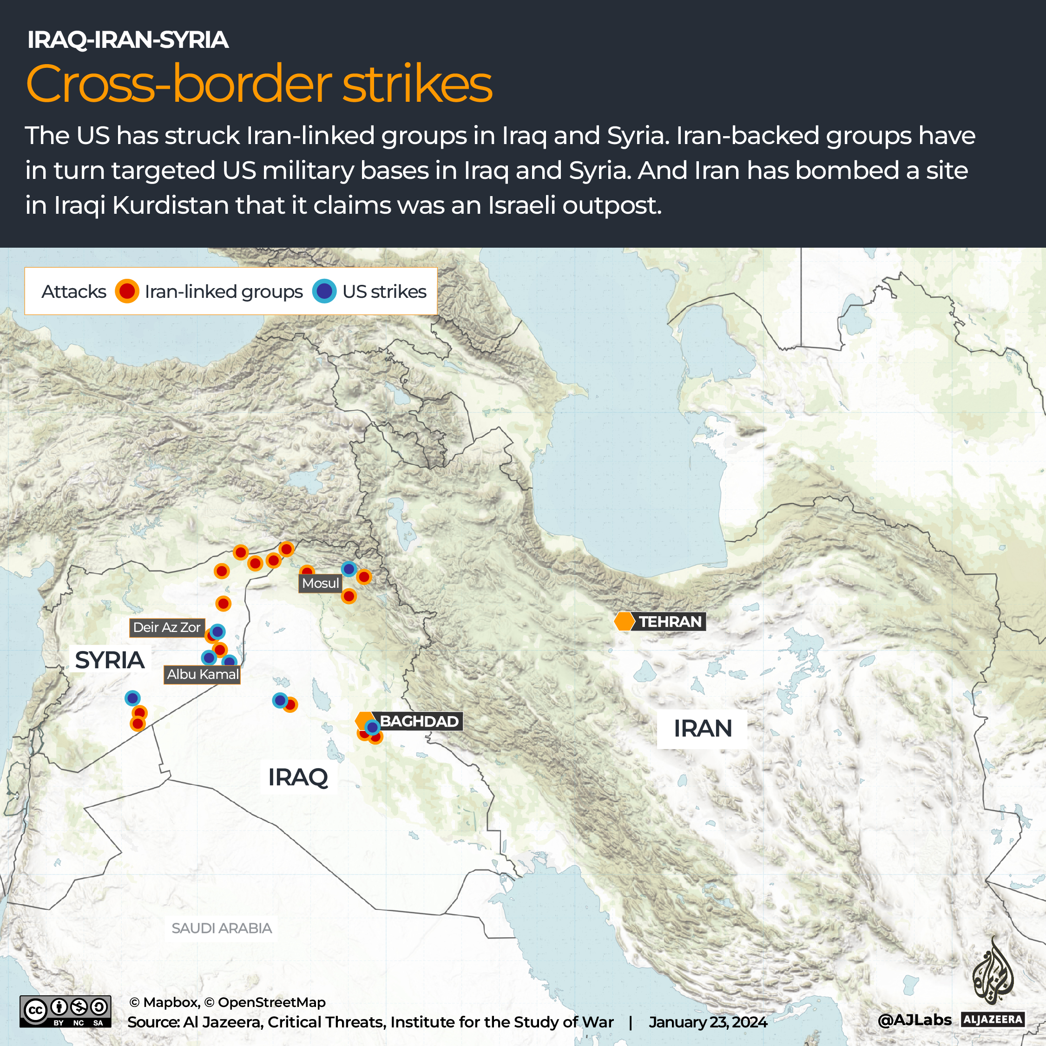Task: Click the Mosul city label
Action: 321,583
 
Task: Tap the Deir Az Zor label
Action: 167,627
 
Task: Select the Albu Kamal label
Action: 203,674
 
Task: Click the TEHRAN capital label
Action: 670,622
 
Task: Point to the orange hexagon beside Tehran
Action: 624,621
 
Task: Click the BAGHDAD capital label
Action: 419,721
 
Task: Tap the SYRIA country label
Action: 110,660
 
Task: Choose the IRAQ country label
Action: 298,777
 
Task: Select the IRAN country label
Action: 702,728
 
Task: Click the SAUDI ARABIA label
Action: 222,928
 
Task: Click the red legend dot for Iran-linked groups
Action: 127,291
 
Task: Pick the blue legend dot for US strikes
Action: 324,291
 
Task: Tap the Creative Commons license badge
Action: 65,1011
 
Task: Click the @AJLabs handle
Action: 914,1020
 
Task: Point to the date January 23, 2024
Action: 708,1022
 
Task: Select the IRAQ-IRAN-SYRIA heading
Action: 128,39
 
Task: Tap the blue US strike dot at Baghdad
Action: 372,727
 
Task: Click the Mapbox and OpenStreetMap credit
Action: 227,1002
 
